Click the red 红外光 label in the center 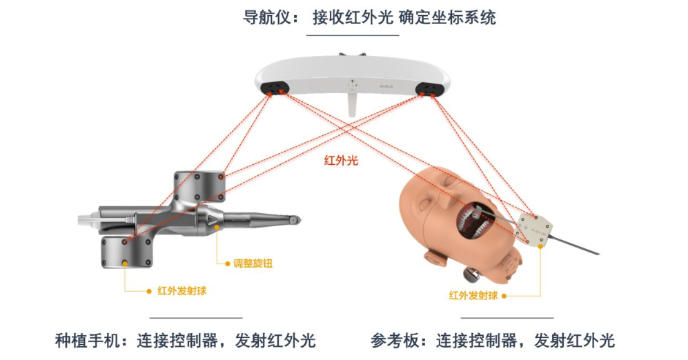tap(341, 161)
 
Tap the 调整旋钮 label tap(253, 263)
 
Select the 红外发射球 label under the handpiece tap(181, 291)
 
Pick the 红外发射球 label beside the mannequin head tap(473, 296)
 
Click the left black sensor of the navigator tap(273, 88)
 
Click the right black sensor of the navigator tap(426, 88)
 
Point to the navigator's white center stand tap(352, 102)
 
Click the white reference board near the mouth tap(533, 229)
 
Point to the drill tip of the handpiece tap(296, 219)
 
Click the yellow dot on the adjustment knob tap(217, 227)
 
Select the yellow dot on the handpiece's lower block tap(125, 263)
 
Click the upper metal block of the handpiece tap(199, 186)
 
